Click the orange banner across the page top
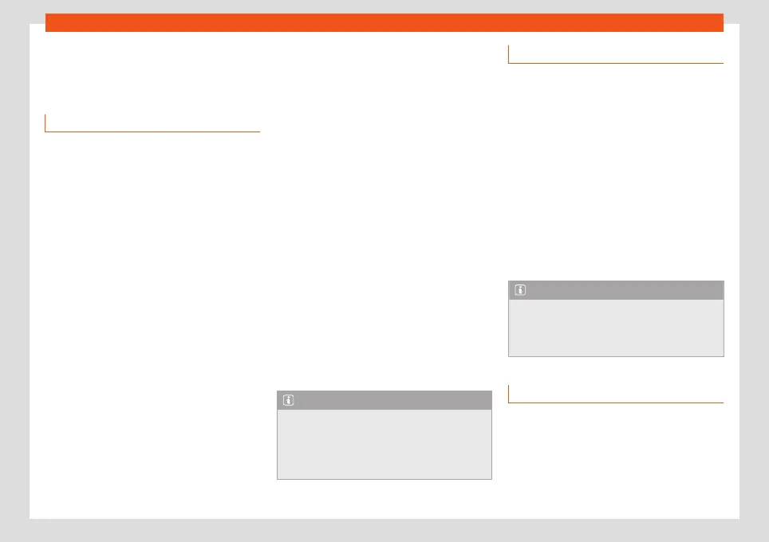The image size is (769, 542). click(384, 22)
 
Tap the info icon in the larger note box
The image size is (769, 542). click(287, 400)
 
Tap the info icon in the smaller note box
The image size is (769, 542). click(519, 290)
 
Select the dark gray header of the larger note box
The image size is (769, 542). click(384, 400)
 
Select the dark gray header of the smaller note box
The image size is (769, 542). click(616, 290)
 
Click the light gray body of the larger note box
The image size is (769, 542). click(384, 443)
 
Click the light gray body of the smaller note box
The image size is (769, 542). click(616, 327)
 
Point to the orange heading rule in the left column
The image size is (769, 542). click(152, 131)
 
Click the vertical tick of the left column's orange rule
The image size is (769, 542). click(45, 123)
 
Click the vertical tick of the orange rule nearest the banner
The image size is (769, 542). click(509, 54)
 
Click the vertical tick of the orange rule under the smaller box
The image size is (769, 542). click(509, 395)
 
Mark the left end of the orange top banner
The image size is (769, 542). click(47, 22)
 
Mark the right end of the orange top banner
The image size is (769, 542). click(722, 22)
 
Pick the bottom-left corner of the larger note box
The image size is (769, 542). click(278, 478)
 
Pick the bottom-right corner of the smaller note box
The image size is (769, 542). click(723, 355)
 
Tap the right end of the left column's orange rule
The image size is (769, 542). click(259, 131)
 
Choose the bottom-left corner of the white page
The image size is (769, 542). click(31, 517)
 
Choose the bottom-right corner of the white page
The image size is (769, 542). click(738, 517)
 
